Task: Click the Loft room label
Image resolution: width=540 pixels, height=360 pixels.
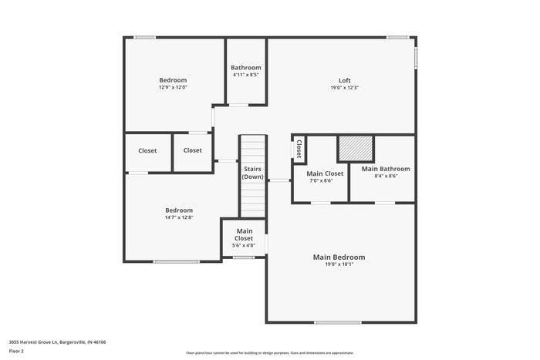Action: (344, 80)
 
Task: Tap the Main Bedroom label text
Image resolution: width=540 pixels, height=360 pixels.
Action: (339, 257)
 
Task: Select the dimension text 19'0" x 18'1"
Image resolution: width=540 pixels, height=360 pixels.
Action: (339, 264)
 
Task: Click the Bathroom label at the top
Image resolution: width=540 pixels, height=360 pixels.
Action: (246, 68)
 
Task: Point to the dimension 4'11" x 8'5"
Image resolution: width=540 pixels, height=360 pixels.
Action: (246, 75)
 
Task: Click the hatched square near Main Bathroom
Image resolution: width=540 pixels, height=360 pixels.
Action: (356, 149)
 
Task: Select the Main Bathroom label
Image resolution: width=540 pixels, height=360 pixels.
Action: (386, 169)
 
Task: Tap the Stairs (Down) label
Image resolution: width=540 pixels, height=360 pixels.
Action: (253, 173)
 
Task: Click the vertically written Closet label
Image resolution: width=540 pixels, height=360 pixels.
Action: (299, 149)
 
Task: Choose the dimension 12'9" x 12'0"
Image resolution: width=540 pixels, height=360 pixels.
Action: (173, 87)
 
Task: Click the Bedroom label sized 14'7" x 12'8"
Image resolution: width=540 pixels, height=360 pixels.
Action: (179, 210)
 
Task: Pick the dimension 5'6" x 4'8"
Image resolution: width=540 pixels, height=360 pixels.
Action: (244, 246)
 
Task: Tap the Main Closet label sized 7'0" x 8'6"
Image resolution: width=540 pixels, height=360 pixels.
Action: (325, 173)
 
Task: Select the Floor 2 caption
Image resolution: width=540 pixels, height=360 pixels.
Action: (17, 352)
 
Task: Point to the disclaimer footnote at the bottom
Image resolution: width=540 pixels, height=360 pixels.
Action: (269, 352)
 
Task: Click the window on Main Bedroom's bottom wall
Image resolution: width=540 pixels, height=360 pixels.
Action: (338, 322)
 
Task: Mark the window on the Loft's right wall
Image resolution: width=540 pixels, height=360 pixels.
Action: (416, 58)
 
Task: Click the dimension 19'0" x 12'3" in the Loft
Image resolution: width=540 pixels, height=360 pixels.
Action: (344, 87)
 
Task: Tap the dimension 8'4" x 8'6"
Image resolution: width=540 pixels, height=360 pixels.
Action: (386, 176)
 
